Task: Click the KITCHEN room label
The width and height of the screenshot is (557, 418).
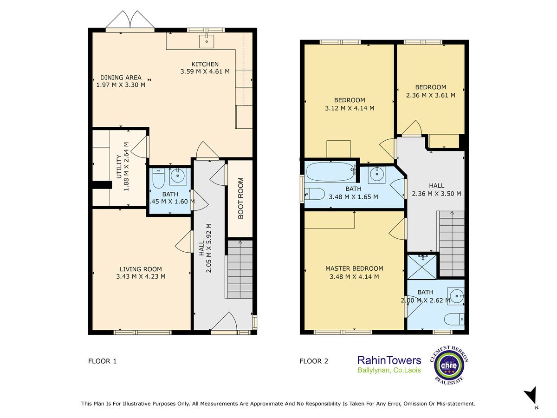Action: coord(205,64)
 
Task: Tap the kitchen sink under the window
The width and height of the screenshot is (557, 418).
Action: coord(207,41)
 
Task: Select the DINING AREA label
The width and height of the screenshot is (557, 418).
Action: coord(121,78)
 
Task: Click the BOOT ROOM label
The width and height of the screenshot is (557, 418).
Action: coord(240,198)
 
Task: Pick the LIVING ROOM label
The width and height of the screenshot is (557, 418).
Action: coord(141,269)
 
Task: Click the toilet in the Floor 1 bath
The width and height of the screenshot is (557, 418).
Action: coord(159,178)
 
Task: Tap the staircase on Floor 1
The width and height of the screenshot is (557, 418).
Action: coord(240,269)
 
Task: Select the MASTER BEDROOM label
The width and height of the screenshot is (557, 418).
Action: coord(354,268)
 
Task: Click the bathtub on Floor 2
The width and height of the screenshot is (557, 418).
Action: coord(330,171)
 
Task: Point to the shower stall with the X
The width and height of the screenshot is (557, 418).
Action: coord(422,267)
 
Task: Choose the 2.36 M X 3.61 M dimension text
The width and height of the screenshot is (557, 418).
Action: coord(431,95)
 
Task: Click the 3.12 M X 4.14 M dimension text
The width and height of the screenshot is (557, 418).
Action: coord(350,108)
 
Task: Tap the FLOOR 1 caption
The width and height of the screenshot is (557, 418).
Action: coord(102,361)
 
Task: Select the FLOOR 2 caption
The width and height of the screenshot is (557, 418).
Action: coord(314,361)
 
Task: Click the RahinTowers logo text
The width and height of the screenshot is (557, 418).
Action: coord(389,360)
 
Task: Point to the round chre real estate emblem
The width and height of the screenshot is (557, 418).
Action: coord(449,365)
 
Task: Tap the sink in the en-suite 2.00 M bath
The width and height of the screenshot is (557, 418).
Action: coord(455,296)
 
